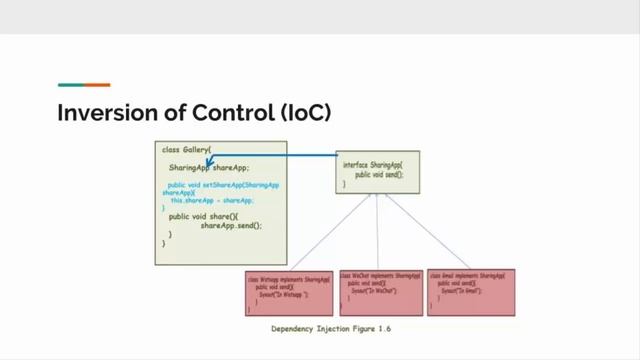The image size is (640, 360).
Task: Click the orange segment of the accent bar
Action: [97, 85]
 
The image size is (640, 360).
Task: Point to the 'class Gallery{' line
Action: [187, 149]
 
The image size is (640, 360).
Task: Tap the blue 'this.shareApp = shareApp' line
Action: [212, 200]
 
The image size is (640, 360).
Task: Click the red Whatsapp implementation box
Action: [289, 292]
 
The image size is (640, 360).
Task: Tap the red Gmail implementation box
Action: [470, 292]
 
